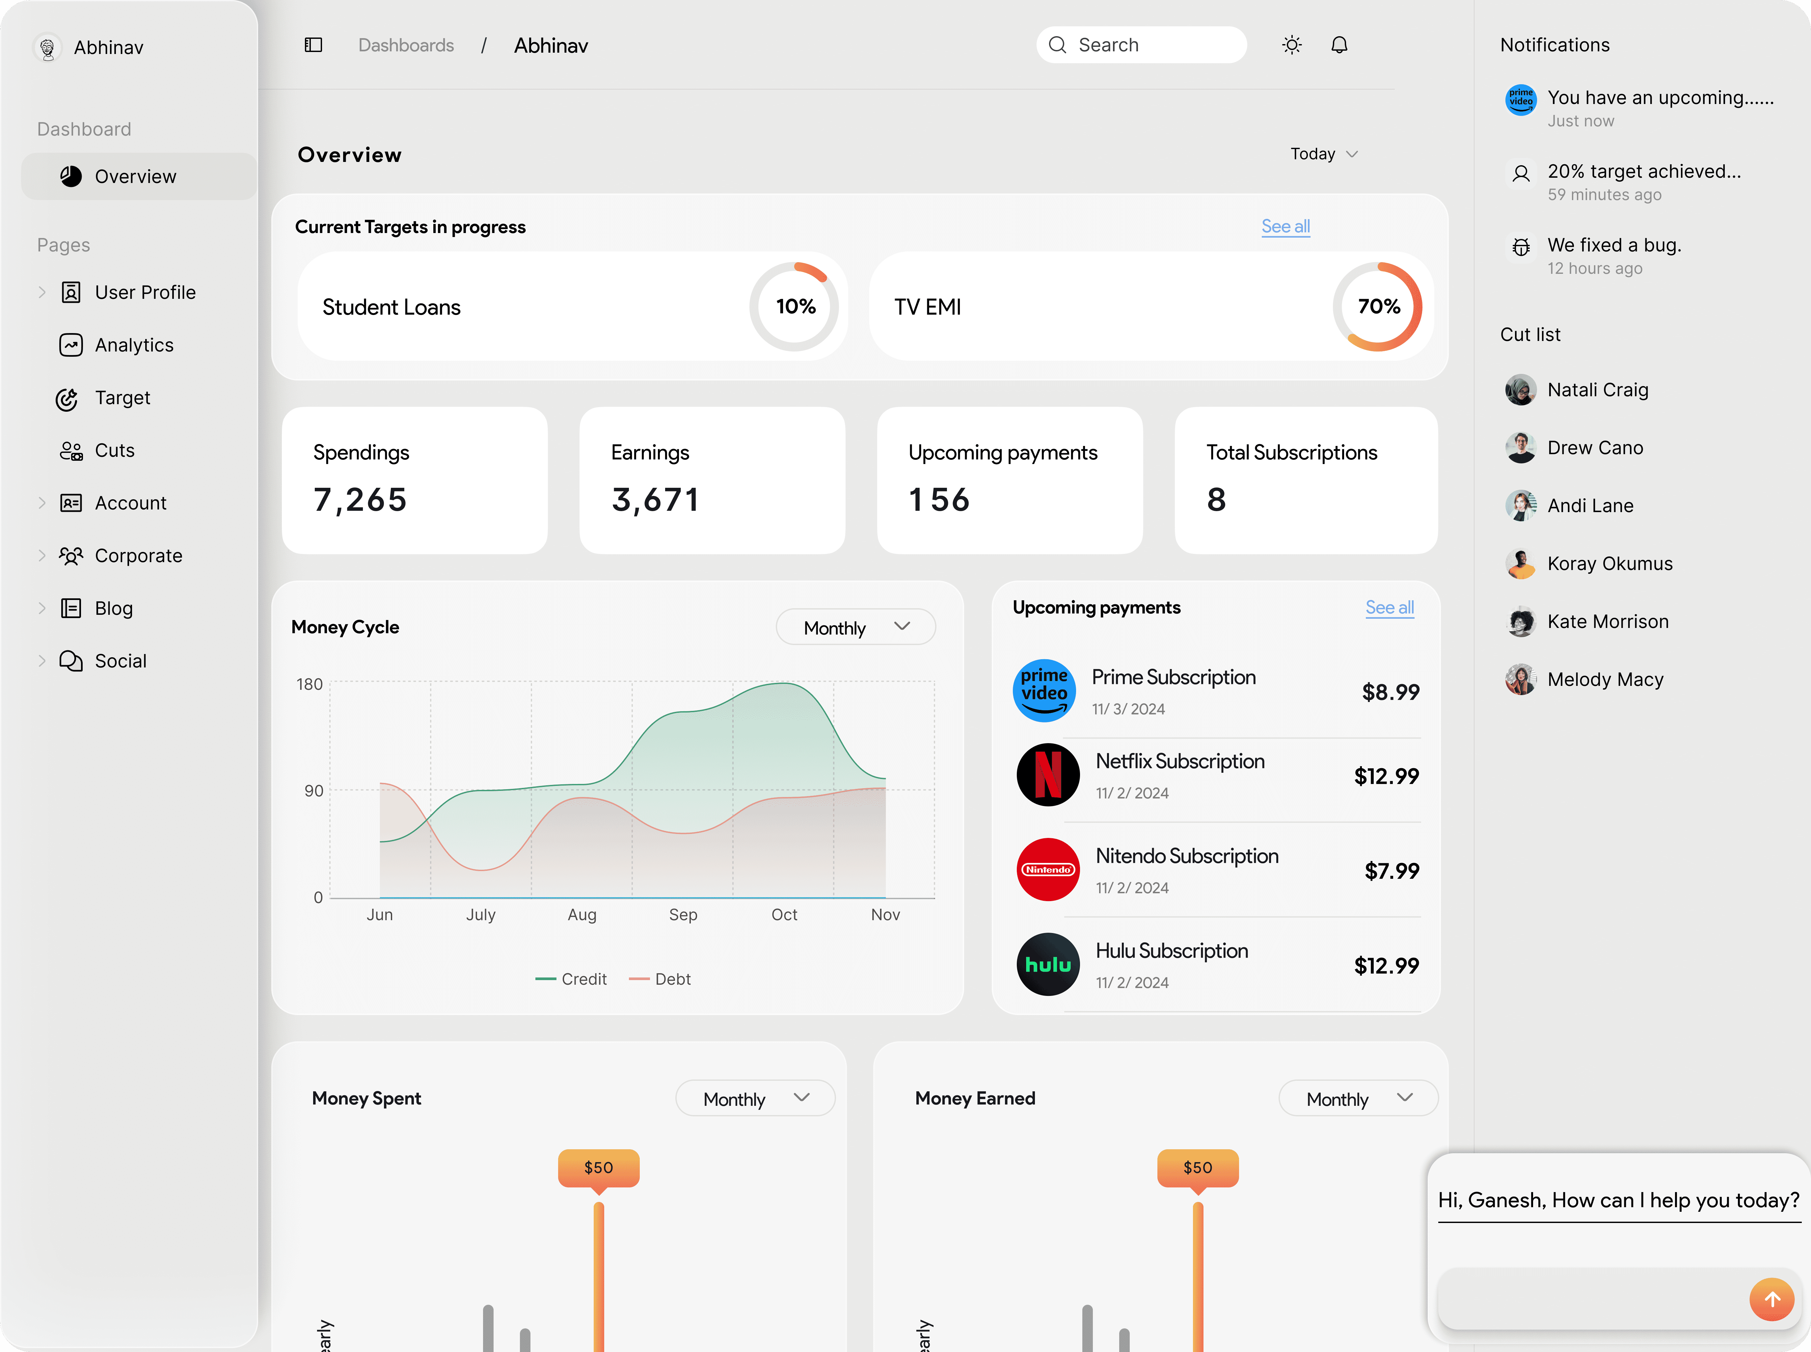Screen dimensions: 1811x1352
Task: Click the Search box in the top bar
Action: click(x=1141, y=45)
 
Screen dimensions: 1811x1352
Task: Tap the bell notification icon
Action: click(x=1339, y=45)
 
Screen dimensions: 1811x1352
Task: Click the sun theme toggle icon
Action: click(x=1292, y=45)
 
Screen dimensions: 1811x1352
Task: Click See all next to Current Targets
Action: click(x=1285, y=227)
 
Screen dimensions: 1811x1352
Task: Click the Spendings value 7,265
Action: click(x=360, y=499)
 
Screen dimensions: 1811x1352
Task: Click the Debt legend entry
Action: click(x=660, y=979)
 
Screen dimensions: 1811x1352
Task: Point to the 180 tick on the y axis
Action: click(x=310, y=684)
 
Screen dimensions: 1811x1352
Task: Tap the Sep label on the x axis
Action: click(x=683, y=914)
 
